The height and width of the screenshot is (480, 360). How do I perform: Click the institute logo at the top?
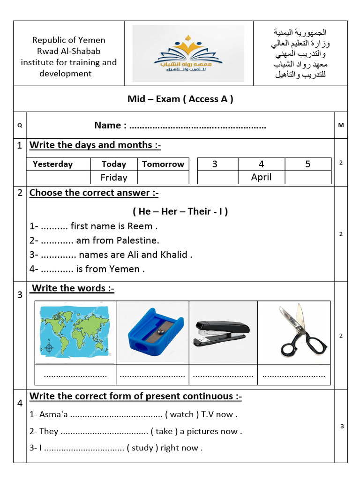point(188,54)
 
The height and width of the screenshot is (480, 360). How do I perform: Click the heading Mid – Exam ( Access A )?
point(180,99)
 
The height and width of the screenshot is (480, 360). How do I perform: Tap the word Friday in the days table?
point(114,177)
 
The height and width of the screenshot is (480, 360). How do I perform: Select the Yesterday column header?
point(52,164)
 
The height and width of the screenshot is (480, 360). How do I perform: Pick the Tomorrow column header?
point(163,164)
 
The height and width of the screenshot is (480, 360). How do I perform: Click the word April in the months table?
point(261,177)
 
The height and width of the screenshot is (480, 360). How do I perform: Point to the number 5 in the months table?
point(308,164)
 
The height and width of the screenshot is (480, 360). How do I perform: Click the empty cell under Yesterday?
point(58,177)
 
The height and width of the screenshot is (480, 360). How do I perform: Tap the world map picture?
point(75,331)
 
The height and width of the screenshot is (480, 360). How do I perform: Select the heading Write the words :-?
point(73,288)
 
